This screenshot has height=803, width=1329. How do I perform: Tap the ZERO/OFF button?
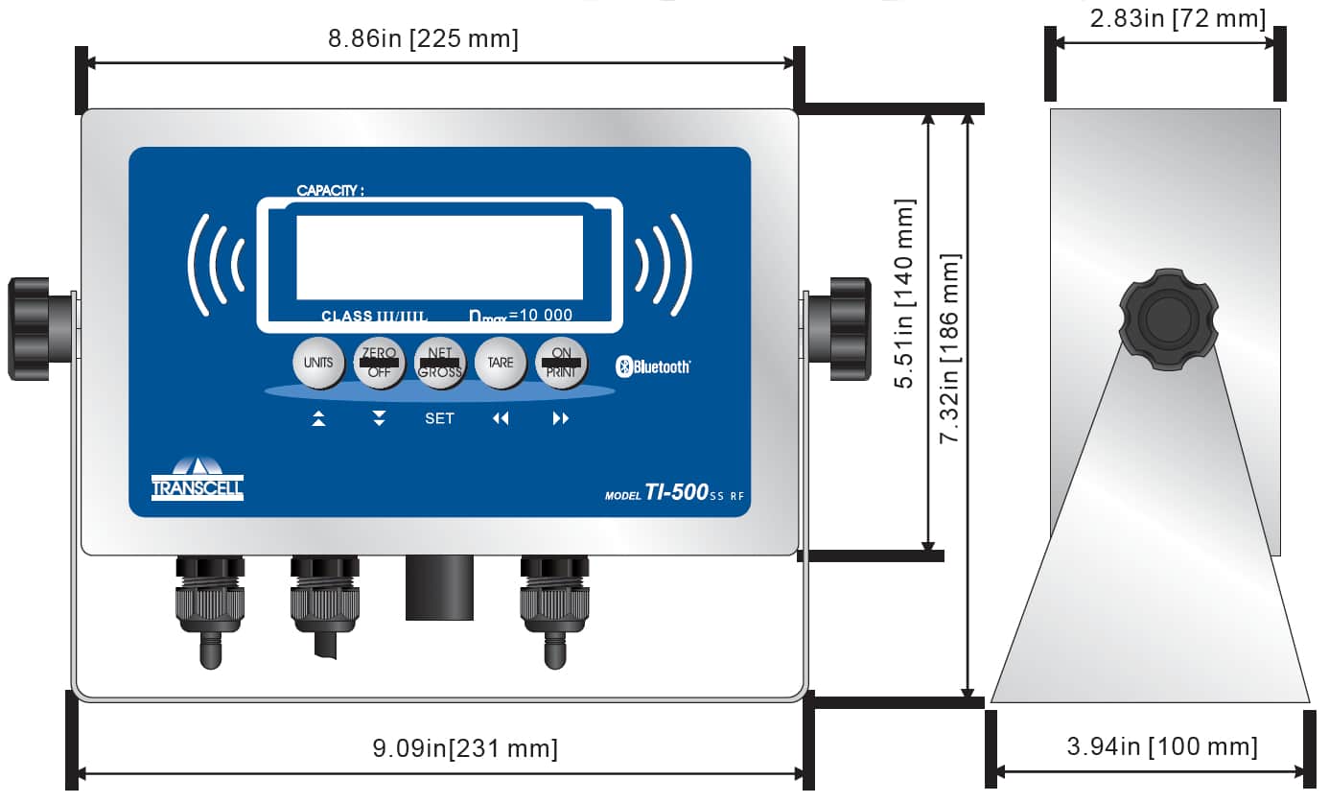[x=379, y=363]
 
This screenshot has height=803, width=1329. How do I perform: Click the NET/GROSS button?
[x=440, y=363]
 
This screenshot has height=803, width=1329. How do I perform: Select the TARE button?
[x=501, y=363]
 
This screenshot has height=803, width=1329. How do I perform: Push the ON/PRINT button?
[x=561, y=363]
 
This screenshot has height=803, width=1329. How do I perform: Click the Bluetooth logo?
[x=653, y=366]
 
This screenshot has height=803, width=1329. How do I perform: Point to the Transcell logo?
[x=198, y=479]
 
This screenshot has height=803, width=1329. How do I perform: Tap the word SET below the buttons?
[x=439, y=418]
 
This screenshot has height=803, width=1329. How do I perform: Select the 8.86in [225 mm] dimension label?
[x=423, y=39]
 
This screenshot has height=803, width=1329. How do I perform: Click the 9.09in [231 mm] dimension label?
[x=464, y=748]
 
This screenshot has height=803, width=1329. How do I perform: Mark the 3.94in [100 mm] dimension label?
[x=1161, y=746]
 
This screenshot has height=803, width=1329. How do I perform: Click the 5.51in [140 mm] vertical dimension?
[x=905, y=293]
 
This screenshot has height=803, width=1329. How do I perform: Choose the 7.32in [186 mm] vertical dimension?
[x=949, y=348]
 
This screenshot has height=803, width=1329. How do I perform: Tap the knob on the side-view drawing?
[x=1168, y=319]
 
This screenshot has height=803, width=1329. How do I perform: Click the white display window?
[x=439, y=257]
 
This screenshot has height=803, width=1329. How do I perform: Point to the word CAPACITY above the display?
[x=330, y=191]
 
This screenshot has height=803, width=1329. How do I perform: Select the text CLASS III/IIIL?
[x=374, y=316]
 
